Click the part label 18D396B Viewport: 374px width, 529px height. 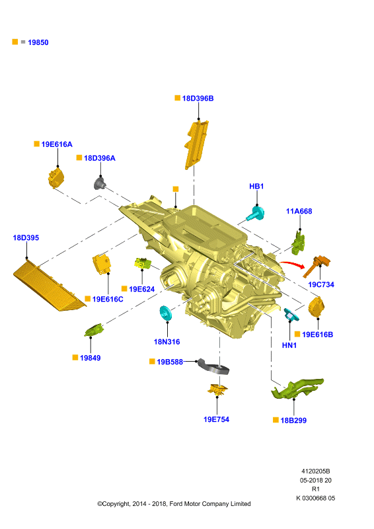point(198,98)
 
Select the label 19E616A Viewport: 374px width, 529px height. point(57,144)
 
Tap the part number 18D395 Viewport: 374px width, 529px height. point(26,238)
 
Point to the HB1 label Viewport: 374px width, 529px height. point(256,186)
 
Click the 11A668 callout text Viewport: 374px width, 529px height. point(299,211)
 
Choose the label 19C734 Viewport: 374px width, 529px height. point(321,284)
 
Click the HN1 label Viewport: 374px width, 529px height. point(289,345)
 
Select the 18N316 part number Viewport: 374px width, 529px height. point(167,342)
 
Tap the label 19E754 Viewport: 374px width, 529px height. point(216,419)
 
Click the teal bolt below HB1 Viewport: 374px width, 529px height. point(255,214)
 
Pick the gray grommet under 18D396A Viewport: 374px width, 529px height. point(100,184)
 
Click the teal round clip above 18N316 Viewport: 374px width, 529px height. point(166,313)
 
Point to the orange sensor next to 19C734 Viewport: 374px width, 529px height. point(317,266)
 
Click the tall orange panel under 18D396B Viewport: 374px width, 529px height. point(196,144)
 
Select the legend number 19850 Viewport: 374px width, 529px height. point(38,42)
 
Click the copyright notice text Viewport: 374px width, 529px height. point(174,504)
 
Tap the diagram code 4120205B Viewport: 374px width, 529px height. point(316,471)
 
